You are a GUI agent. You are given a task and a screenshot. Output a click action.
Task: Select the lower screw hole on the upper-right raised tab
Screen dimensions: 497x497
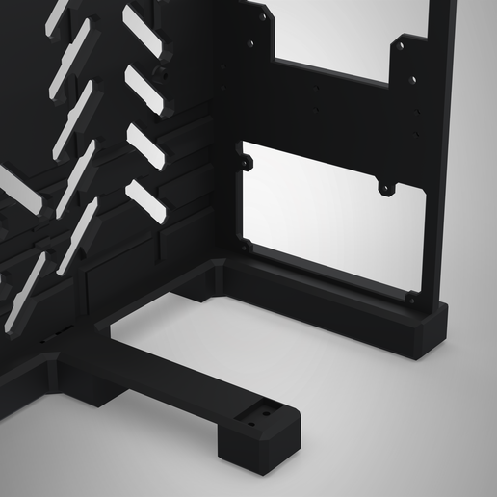pos(413,79)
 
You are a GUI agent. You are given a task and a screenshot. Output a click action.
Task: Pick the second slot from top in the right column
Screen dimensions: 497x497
pos(143,86)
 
